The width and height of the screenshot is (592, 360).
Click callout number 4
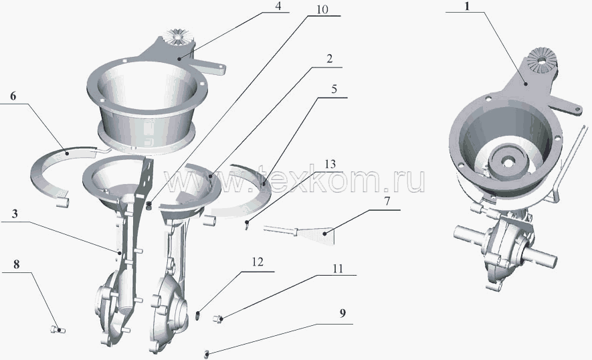278,7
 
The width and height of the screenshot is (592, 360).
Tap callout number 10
322,10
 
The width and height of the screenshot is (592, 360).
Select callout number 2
329,59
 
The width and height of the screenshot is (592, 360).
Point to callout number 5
334,89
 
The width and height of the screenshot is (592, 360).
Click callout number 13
330,165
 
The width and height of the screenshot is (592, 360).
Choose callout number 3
14,214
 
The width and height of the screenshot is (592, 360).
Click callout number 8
16,264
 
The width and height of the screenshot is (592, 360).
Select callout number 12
258,262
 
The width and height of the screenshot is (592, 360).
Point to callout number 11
338,268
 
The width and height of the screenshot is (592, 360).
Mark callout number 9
342,314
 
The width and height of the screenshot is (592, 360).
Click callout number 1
467,7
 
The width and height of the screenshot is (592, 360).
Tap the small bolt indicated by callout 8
58,330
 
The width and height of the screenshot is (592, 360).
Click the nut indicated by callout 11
218,319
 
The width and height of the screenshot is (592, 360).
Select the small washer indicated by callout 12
197,314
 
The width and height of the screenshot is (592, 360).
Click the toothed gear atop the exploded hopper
177,35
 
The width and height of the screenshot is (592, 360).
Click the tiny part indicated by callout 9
207,355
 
